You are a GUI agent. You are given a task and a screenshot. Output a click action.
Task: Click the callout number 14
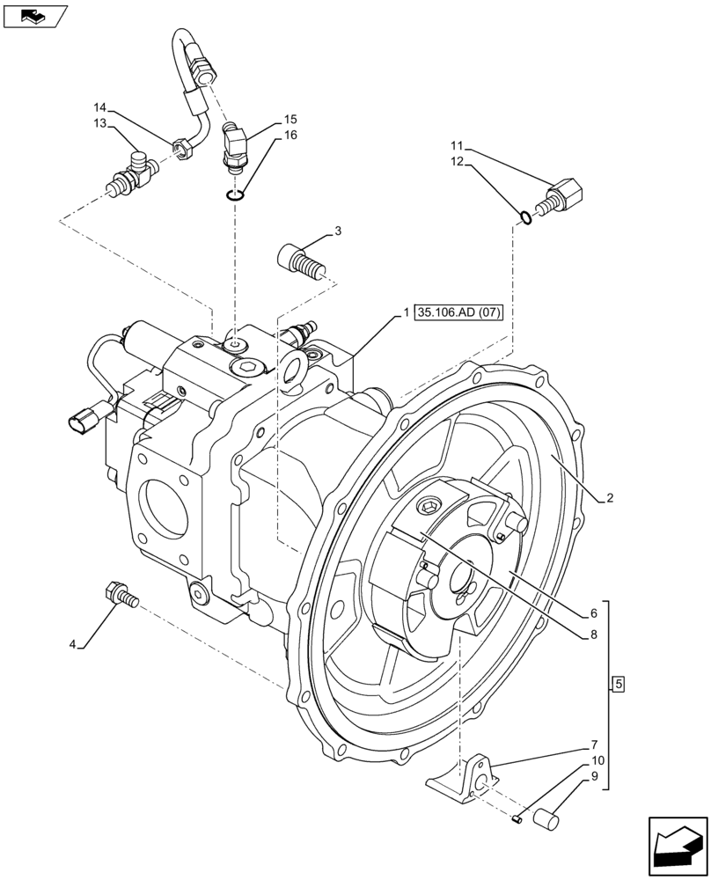[101, 108]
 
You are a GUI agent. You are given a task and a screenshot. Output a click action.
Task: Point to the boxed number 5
[618, 684]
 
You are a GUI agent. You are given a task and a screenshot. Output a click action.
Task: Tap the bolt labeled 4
[121, 595]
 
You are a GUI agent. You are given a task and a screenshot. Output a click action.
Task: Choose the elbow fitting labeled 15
[236, 140]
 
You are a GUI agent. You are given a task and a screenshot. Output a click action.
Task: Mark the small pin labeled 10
[517, 820]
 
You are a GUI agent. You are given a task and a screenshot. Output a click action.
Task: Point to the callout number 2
[608, 497]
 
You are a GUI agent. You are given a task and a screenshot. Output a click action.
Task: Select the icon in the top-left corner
[35, 16]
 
